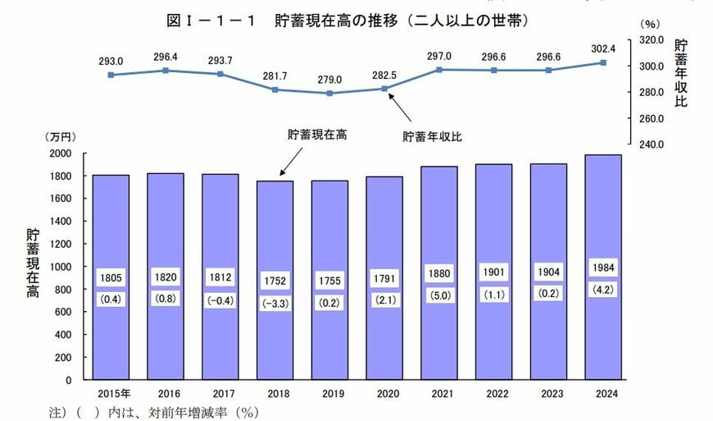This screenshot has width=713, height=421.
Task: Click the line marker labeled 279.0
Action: pyautogui.click(x=329, y=93)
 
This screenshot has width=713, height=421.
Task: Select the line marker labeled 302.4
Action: pyautogui.click(x=602, y=62)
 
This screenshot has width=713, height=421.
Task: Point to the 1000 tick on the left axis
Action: pyautogui.click(x=63, y=267)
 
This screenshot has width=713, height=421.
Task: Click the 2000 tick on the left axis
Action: pyautogui.click(x=63, y=153)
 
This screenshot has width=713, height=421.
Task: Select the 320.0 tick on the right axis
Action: pyautogui.click(x=650, y=39)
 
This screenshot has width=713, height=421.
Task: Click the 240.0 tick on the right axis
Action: pyautogui.click(x=650, y=144)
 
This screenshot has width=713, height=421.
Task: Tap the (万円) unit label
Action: pyautogui.click(x=60, y=137)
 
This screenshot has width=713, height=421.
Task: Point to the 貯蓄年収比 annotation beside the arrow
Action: pyautogui.click(x=432, y=137)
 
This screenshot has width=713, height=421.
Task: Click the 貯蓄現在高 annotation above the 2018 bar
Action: pyautogui.click(x=316, y=134)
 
